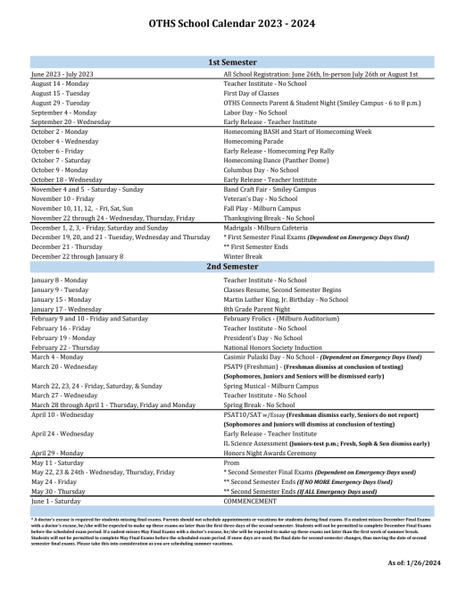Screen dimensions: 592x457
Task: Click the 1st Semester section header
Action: [228, 61]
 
